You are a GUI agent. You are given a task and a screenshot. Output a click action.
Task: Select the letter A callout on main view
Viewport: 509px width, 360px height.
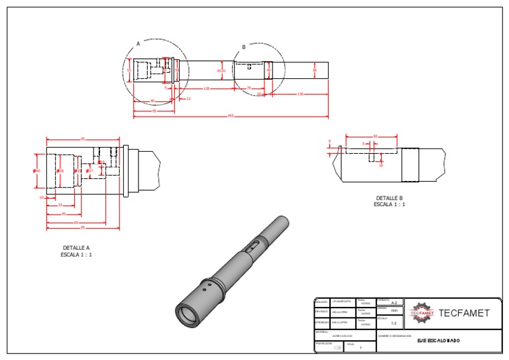pyautogui.click(x=138, y=43)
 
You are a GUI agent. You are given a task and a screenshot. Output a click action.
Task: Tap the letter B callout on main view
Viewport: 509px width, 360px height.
pyautogui.click(x=244, y=47)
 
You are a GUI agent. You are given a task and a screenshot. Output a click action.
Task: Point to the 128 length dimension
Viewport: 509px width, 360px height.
pyautogui.click(x=206, y=88)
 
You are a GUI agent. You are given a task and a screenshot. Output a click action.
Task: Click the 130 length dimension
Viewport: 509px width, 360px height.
pyautogui.click(x=300, y=94)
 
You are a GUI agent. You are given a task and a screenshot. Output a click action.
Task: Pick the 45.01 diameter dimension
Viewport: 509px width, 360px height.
pyautogui.click(x=221, y=70)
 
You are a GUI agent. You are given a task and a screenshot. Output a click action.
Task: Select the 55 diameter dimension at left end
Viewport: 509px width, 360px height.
pyautogui.click(x=129, y=70)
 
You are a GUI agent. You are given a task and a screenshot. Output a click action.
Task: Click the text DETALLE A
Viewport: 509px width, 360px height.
pyautogui.click(x=76, y=248)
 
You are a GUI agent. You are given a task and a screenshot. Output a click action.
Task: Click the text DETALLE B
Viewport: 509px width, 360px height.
pyautogui.click(x=389, y=198)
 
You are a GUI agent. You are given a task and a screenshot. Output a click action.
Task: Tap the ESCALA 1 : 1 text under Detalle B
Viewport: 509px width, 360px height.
pyautogui.click(x=389, y=205)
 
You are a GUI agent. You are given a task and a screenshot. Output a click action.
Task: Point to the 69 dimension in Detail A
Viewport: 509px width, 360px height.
pyautogui.click(x=83, y=139)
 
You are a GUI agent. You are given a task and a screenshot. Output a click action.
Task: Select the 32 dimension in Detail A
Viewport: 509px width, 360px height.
pyautogui.click(x=60, y=205)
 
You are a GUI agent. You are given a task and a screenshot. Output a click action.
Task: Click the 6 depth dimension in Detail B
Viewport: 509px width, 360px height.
pyautogui.click(x=329, y=141)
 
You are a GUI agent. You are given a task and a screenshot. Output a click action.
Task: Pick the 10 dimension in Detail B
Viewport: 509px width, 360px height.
pyautogui.click(x=380, y=165)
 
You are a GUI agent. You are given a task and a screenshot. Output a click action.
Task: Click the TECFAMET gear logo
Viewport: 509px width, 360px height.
pyautogui.click(x=421, y=313)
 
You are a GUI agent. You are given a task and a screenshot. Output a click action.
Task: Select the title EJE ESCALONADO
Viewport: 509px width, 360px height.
pyautogui.click(x=438, y=341)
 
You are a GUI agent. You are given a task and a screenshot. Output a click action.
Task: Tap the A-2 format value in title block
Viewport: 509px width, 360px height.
pyautogui.click(x=394, y=302)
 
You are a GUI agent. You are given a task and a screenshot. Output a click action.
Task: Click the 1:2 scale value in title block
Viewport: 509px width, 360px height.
pyautogui.click(x=394, y=324)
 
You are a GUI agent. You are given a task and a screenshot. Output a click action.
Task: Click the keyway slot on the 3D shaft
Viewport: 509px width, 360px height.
pyautogui.click(x=253, y=246)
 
